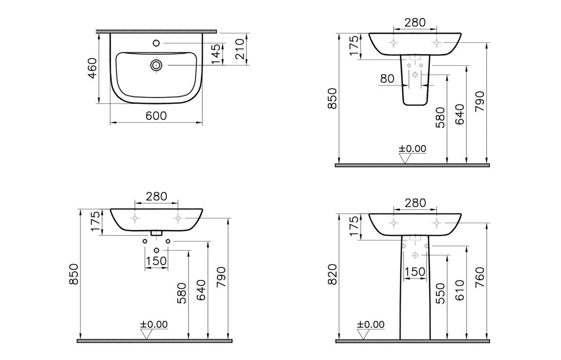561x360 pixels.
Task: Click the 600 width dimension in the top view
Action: pos(156,115)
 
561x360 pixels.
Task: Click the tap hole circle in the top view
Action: pos(156,43)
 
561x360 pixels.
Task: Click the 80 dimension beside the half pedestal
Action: pos(387,79)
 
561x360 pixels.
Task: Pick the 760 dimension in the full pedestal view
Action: pos(480,290)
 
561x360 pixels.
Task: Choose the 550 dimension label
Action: pos(440,294)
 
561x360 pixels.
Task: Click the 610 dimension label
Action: pos(460,290)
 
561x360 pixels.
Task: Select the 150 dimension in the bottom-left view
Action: pos(156,261)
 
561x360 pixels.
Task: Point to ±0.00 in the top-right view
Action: pos(412,148)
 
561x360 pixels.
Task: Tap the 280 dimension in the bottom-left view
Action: pos(156,196)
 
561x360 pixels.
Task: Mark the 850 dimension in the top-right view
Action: pos(332,98)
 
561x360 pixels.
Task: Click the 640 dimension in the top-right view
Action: pos(460,115)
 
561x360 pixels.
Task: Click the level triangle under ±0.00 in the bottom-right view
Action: pos(363,334)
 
